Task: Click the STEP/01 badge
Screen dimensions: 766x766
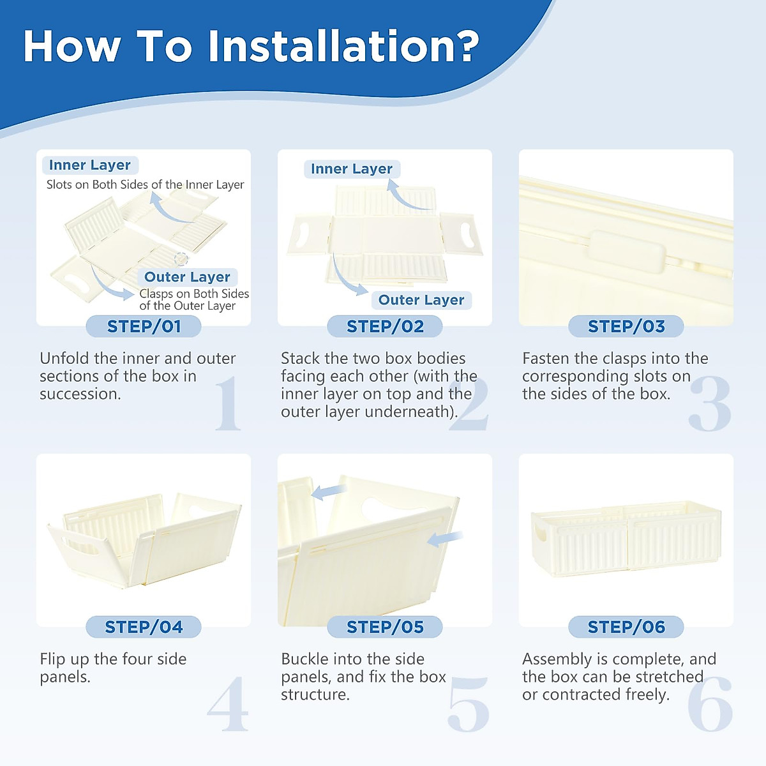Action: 144,326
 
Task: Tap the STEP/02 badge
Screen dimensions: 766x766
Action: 385,326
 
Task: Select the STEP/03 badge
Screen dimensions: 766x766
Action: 626,326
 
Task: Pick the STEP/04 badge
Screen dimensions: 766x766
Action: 144,627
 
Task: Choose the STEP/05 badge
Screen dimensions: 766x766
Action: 385,627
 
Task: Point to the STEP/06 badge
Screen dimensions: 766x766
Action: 626,627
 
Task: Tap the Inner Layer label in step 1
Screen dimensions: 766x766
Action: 90,165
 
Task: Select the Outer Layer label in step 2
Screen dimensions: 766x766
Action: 421,300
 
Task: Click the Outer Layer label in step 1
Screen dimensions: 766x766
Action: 187,277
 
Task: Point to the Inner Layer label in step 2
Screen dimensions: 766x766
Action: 352,169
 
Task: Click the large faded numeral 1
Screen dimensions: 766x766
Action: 228,403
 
